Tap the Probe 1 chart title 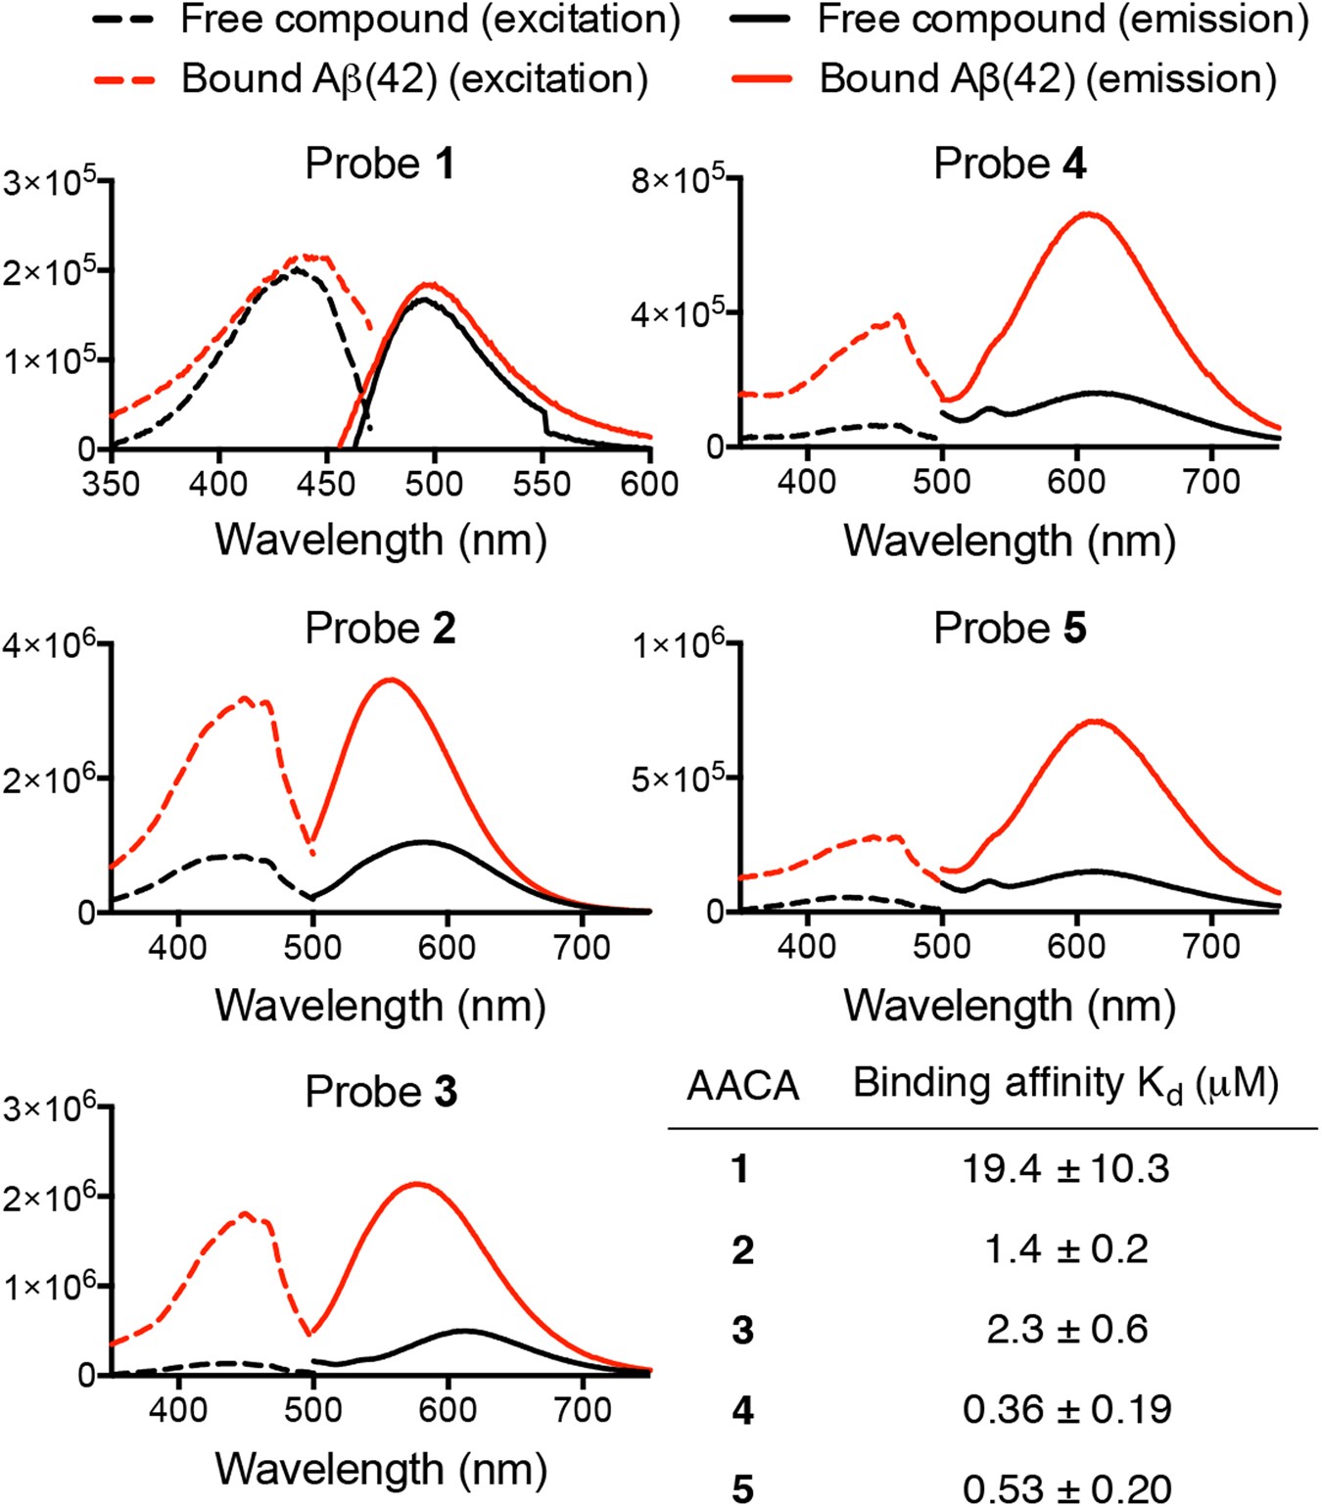380,164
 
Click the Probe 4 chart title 1010,164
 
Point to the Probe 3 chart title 380,1092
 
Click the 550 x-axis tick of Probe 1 542,483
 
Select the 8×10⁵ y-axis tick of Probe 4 678,179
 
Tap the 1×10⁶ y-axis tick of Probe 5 678,645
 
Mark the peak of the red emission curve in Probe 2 391,680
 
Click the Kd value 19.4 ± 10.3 1065,1168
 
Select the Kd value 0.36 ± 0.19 1065,1409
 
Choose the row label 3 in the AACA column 742,1330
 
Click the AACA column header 742,1086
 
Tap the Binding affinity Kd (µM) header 1065,1084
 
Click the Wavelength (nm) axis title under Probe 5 1010,1006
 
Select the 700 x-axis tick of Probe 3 583,1410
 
